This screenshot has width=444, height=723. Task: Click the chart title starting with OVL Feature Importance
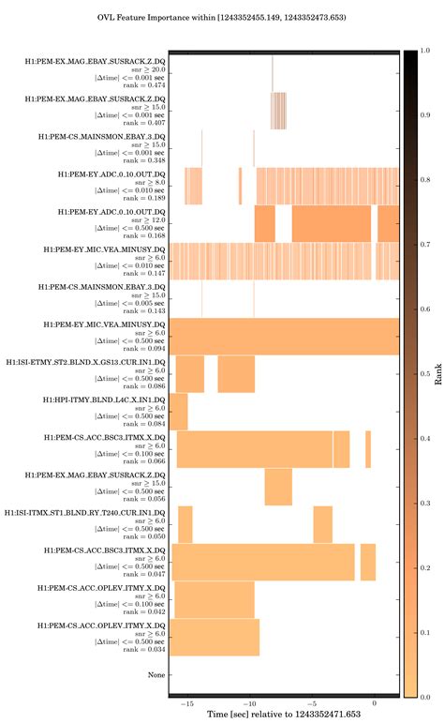click(222, 17)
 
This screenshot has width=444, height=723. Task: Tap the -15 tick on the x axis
click(188, 703)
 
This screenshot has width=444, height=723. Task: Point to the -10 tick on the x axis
click(250, 703)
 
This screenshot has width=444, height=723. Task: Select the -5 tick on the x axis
click(312, 703)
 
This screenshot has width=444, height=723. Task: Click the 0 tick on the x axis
click(375, 703)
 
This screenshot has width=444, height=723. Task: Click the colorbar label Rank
click(437, 374)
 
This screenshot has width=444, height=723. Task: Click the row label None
click(156, 674)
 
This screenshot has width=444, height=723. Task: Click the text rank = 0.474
click(146, 85)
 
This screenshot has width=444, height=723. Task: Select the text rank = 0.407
click(146, 123)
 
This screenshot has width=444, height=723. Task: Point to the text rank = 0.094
click(146, 348)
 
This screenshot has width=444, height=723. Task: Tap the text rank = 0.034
click(146, 648)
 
